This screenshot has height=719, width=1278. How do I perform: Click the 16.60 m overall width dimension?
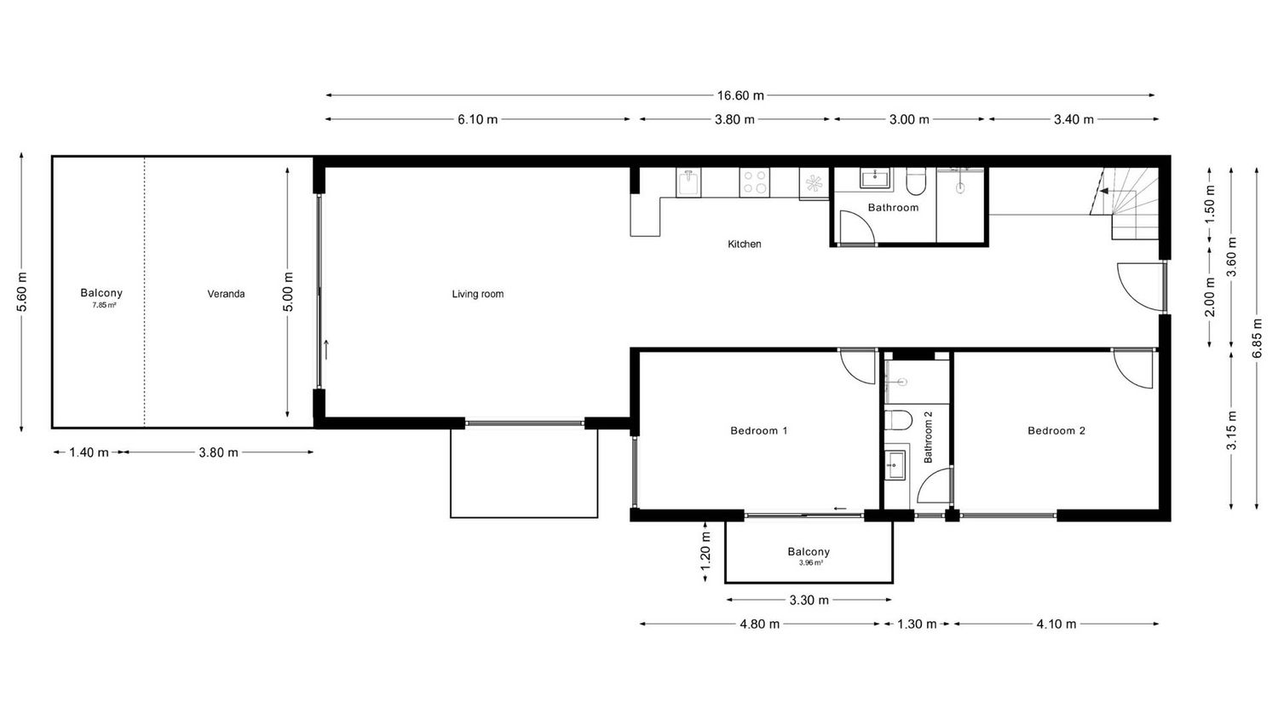(740, 95)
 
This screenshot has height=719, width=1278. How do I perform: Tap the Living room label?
(477, 294)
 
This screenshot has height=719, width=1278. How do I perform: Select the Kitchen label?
(744, 244)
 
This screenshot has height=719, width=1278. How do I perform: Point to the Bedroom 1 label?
(759, 430)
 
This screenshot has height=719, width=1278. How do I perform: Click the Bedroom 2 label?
(1056, 430)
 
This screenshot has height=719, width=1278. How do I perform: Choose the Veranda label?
(226, 294)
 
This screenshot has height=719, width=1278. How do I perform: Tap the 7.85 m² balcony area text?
(105, 305)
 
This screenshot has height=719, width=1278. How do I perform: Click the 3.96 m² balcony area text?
(811, 562)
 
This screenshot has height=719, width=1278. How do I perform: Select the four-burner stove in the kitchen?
(754, 182)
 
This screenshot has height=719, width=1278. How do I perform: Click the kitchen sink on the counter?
(688, 182)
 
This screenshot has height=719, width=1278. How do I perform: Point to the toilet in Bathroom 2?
(897, 421)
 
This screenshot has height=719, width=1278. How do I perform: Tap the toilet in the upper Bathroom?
(917, 181)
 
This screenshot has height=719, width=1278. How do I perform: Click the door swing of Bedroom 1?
(857, 366)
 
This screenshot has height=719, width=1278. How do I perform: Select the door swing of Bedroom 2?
(1132, 369)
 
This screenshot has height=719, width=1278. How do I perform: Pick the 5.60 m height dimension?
(22, 292)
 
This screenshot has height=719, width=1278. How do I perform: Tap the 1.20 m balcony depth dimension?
(705, 550)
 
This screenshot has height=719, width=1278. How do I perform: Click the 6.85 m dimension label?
(1257, 338)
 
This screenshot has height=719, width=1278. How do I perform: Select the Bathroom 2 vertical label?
(928, 437)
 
